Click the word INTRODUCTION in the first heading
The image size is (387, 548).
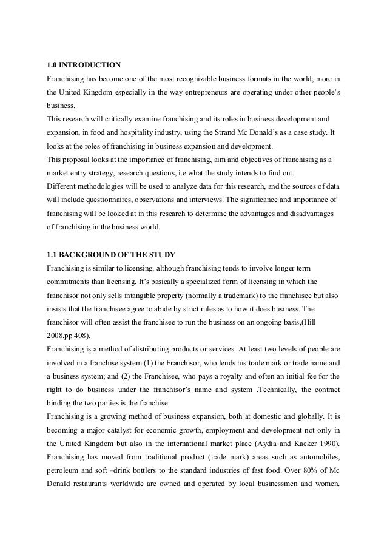pos(89,64)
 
